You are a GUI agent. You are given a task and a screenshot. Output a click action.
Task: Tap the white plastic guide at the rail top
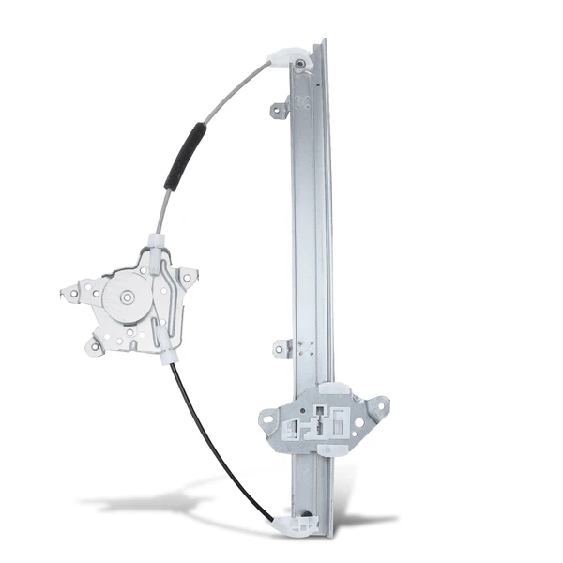tap(284, 58)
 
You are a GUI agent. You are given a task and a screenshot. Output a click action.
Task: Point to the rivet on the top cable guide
tap(299, 64)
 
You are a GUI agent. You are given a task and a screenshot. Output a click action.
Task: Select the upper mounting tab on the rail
tap(279, 111)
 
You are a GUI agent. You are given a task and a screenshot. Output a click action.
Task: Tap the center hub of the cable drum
tap(125, 297)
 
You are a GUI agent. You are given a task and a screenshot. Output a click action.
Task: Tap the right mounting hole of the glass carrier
tap(379, 406)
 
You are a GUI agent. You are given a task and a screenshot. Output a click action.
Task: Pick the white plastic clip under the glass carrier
tap(330, 445)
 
